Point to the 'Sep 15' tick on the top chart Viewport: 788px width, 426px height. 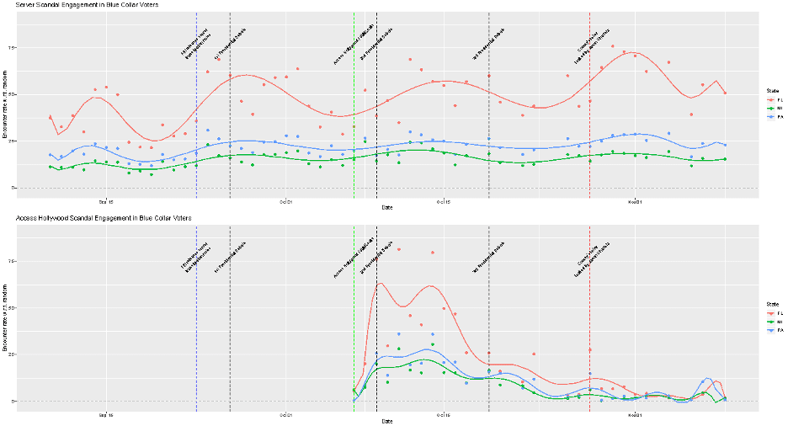[x=105, y=202]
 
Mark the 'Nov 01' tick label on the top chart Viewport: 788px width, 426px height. [x=635, y=202]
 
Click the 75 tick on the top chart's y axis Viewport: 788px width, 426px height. [x=12, y=48]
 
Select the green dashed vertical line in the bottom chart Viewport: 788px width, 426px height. [x=354, y=337]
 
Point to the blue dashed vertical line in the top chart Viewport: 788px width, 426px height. [x=196, y=126]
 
